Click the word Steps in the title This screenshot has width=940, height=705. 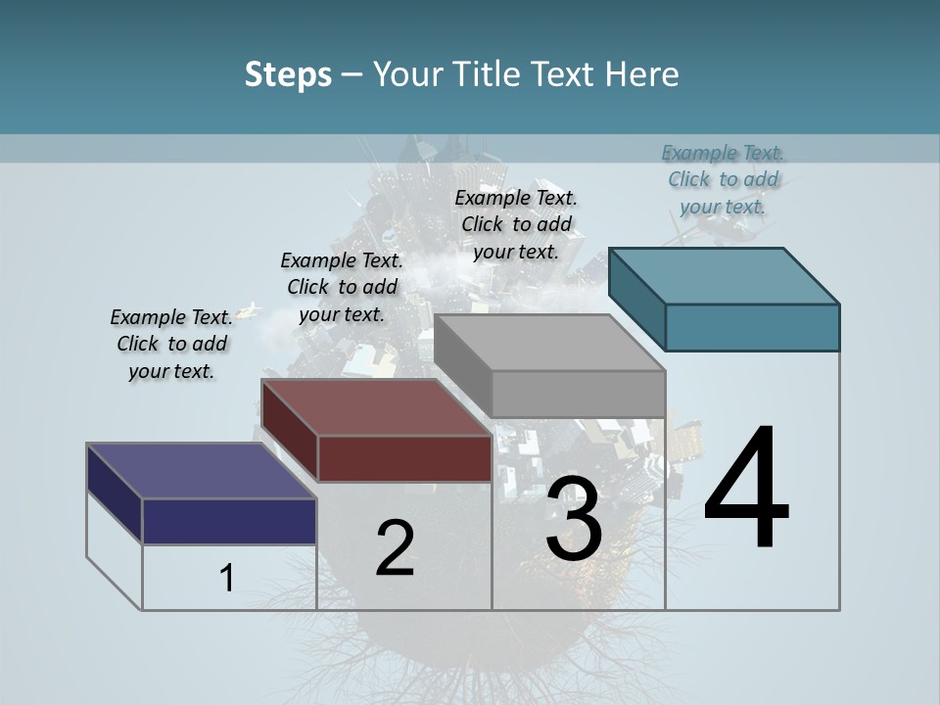288,74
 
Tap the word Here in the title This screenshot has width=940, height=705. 641,74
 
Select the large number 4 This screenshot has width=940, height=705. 746,490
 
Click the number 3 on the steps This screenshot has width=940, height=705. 573,518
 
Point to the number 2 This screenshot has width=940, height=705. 395,549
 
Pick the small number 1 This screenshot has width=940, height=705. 227,578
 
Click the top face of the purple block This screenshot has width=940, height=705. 201,471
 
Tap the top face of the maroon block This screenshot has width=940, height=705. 375,407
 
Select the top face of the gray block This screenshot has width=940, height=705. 548,343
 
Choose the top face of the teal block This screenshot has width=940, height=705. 723,276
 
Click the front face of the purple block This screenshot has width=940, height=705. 229,521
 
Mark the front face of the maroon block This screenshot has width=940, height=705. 404,458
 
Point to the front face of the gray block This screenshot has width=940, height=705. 578,394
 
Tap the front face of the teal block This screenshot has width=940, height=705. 752,327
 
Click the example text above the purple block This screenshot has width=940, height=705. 171,344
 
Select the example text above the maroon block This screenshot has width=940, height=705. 342,287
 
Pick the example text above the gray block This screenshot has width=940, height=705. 516,224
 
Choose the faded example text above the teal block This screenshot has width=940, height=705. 723,179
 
